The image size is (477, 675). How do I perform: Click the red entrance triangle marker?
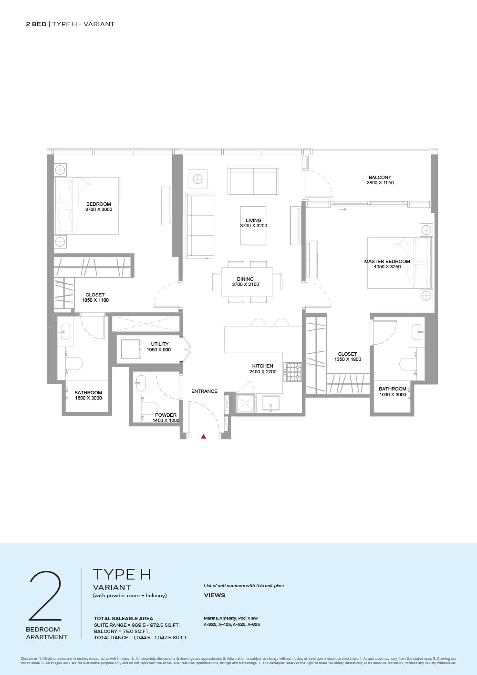point(204,436)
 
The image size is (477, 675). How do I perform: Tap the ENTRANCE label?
point(204,391)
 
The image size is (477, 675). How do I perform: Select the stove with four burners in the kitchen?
point(294,372)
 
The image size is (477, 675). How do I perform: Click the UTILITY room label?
point(160,344)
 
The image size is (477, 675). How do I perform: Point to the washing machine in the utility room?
point(131,349)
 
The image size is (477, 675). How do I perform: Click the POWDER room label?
point(166,415)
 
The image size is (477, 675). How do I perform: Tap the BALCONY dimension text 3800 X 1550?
point(380,183)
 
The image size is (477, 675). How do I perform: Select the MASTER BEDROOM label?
point(387,261)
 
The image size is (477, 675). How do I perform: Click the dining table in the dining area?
point(247,282)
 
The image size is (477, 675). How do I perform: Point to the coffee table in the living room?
point(253,225)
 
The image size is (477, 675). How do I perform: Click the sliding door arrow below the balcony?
point(342,209)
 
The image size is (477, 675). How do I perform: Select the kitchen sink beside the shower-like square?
point(271,403)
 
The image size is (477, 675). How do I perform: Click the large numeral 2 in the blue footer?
point(45,596)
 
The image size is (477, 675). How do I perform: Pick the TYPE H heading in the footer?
point(122,575)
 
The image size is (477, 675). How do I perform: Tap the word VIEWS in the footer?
point(214,595)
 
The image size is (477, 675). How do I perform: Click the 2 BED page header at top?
point(36,24)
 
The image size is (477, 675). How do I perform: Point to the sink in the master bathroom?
point(417,331)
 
